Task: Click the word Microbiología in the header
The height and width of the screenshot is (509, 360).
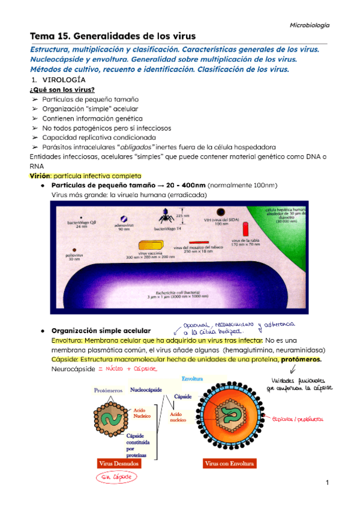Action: tap(310, 25)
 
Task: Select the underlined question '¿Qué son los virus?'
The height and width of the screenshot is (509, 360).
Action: tap(58, 89)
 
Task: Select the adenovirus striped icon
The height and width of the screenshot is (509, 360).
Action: tap(124, 220)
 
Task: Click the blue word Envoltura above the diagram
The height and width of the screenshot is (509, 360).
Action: tap(193, 379)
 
